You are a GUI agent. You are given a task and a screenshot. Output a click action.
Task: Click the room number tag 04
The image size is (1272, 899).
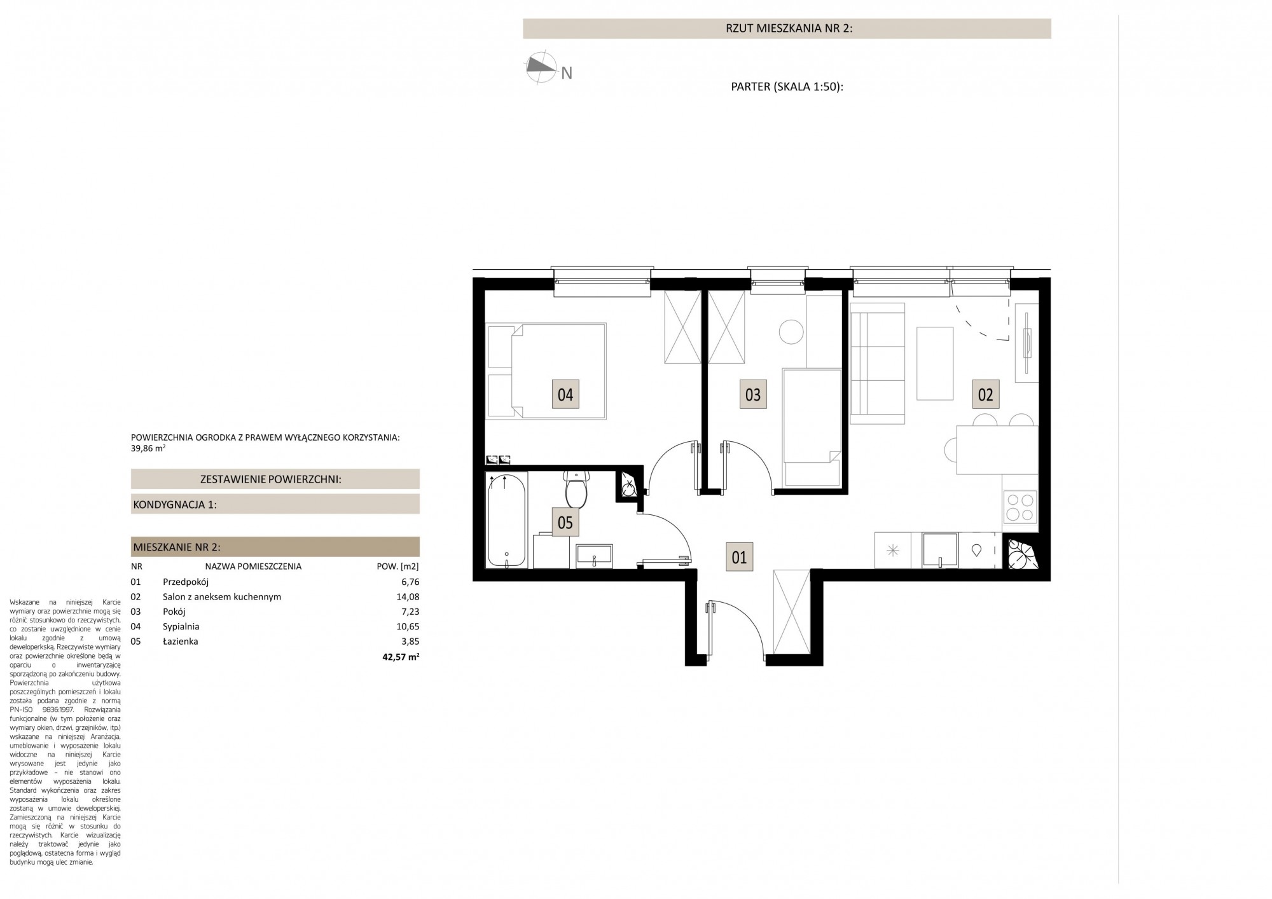click(565, 394)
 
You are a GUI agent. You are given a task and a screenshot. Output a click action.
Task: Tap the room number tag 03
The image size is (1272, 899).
click(752, 394)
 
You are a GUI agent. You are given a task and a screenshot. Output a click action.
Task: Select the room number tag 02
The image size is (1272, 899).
click(985, 394)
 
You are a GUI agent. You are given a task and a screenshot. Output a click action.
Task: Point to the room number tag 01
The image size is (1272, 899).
click(739, 558)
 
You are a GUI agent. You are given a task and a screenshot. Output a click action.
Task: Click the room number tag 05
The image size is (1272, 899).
click(565, 523)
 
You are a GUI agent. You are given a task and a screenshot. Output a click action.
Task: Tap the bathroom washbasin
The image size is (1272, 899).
click(594, 555)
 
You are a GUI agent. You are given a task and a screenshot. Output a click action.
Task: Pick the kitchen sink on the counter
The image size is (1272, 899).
click(940, 550)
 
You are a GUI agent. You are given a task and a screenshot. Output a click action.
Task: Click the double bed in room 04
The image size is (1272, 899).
click(546, 371)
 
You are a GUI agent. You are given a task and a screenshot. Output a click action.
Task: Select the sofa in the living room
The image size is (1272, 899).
click(878, 363)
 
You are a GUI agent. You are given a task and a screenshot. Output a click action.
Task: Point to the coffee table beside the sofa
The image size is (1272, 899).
click(935, 363)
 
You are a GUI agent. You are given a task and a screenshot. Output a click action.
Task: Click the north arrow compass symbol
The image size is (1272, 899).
click(539, 66)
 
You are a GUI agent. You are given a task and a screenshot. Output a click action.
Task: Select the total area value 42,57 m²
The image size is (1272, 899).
click(401, 657)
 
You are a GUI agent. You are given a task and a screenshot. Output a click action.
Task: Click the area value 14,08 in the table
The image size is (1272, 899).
click(408, 597)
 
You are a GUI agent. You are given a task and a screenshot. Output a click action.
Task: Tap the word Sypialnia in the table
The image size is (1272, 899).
click(181, 627)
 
